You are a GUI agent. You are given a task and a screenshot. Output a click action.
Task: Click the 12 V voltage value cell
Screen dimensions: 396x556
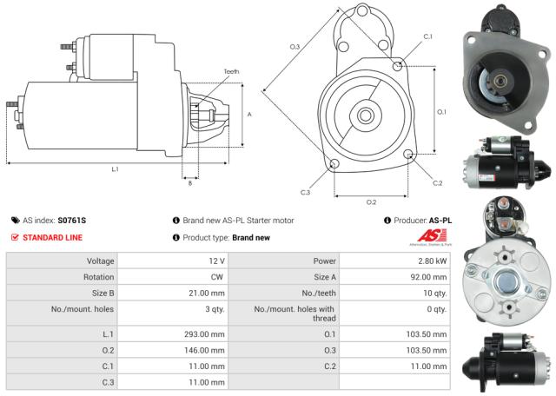pos(217,261)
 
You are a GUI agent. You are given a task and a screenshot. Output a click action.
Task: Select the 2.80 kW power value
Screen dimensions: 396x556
pos(431,261)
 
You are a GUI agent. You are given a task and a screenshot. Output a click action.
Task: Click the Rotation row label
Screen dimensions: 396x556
pos(99,277)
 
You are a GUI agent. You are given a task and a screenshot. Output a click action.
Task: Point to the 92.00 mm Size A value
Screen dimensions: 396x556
pos(429,277)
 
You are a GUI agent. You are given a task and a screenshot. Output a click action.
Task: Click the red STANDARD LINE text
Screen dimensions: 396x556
pos(52,237)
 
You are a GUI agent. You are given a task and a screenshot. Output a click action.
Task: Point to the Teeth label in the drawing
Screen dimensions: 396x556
pos(230,71)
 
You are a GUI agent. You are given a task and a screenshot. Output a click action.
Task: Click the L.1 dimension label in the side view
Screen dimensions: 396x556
pos(115,169)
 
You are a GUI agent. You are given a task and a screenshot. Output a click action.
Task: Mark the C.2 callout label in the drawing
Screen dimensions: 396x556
pos(437,183)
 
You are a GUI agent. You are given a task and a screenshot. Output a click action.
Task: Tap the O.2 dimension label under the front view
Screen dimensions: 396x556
pos(371,202)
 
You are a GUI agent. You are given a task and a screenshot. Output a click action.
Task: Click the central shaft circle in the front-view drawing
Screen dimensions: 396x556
pos(366,115)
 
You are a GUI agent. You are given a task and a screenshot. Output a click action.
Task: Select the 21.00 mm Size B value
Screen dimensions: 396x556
pos(210,293)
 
